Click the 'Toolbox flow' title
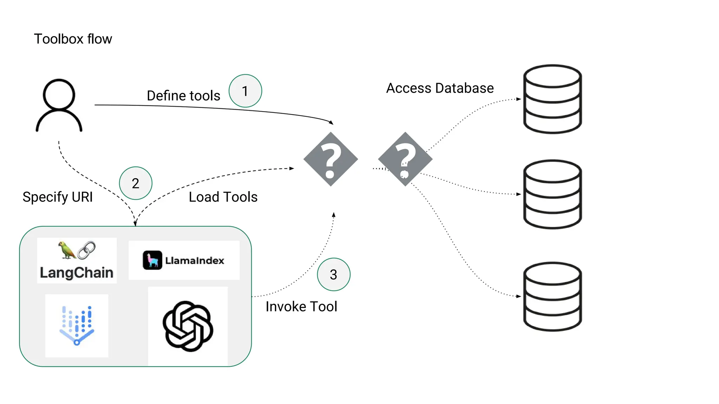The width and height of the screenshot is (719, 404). [73, 39]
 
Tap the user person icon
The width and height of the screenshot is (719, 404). [59, 105]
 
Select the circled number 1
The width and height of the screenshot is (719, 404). [245, 91]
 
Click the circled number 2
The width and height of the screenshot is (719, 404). [136, 183]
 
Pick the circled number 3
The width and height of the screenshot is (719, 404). [334, 274]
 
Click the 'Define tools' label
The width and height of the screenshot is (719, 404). [183, 96]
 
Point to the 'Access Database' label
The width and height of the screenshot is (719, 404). [440, 88]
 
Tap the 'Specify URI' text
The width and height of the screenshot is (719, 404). [58, 197]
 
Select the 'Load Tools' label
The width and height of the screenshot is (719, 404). [223, 197]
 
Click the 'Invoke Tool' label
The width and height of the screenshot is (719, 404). [301, 307]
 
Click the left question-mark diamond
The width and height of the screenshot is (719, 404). [330, 159]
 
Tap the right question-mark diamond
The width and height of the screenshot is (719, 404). [405, 159]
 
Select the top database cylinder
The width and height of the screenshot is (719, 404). [552, 99]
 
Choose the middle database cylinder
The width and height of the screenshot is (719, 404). [552, 194]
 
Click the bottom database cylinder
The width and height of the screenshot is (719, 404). [552, 296]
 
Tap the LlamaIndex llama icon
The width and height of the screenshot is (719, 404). [152, 260]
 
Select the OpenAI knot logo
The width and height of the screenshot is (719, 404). [188, 326]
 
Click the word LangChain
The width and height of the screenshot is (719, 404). [77, 273]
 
